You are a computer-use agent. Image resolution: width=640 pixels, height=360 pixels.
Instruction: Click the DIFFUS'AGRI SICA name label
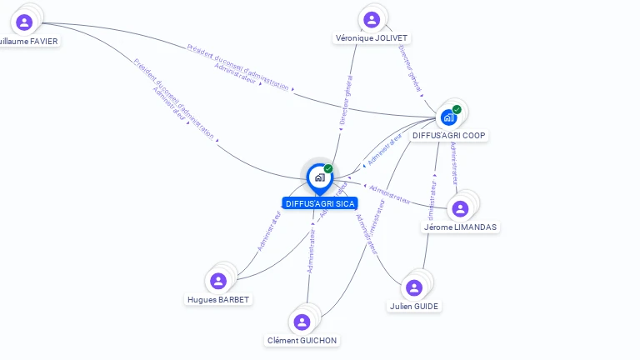[x=320, y=203]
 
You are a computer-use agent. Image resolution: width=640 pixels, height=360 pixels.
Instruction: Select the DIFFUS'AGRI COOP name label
[x=449, y=135]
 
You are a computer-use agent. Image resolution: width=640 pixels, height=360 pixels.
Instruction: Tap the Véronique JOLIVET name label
[x=372, y=38]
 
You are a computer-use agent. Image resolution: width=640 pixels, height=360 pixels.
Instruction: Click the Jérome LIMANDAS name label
[x=461, y=227]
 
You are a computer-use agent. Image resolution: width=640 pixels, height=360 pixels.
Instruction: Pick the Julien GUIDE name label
[x=414, y=306]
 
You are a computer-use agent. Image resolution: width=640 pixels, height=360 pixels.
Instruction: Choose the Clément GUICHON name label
[x=302, y=340]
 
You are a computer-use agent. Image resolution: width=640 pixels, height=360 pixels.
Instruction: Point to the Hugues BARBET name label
[x=218, y=300]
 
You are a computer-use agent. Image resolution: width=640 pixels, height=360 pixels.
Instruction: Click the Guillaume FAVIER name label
[x=29, y=41]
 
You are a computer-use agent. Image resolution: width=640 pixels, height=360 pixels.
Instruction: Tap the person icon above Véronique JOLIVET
[x=372, y=19]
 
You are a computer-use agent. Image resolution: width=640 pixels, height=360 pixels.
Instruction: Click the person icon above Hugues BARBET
[x=218, y=281]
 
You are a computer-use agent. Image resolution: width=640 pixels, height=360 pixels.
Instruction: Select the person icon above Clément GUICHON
[x=302, y=322]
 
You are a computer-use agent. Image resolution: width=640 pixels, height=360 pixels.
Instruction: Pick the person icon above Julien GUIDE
[x=414, y=287]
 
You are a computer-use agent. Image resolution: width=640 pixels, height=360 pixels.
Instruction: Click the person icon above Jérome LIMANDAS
[x=461, y=208]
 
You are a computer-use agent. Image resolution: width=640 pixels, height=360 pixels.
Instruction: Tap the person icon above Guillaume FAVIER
[x=24, y=22]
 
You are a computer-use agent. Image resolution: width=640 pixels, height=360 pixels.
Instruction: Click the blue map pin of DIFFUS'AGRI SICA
[x=319, y=177]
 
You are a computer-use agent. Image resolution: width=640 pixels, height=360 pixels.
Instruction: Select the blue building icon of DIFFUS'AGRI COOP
[x=448, y=117]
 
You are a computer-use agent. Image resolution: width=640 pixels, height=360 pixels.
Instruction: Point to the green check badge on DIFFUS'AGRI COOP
[x=457, y=109]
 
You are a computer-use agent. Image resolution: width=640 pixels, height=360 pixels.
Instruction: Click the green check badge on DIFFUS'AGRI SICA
[x=328, y=168]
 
